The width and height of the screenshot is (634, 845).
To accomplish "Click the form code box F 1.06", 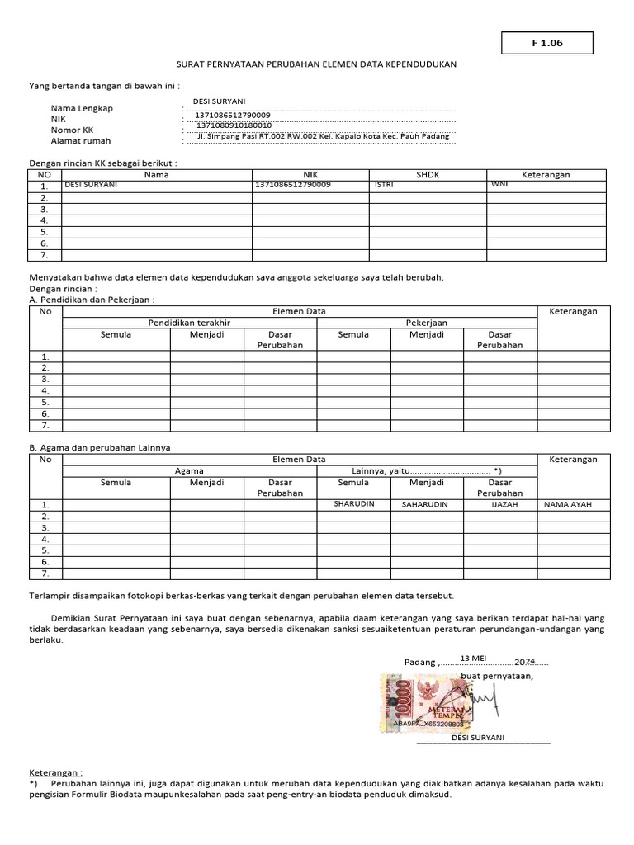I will click(547, 43).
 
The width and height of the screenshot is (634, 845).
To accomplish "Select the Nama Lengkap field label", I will click(82, 108).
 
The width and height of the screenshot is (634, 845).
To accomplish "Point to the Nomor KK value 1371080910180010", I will click(234, 125).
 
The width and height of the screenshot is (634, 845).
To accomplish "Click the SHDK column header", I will click(428, 175).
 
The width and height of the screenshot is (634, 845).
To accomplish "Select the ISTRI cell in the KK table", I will click(384, 185).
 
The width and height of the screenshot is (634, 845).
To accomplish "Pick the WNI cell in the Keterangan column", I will click(499, 185).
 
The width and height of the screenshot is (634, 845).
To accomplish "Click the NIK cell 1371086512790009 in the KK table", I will click(294, 185).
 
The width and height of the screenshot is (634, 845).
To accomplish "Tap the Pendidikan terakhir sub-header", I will click(189, 323).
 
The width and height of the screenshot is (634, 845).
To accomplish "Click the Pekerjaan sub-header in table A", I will click(426, 323).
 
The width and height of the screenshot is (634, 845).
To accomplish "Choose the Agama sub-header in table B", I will click(189, 470).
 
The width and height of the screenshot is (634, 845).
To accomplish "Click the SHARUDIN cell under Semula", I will click(353, 503).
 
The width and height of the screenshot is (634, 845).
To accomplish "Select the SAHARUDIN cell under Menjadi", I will click(424, 503).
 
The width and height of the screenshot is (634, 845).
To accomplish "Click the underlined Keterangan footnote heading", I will click(55, 771).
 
